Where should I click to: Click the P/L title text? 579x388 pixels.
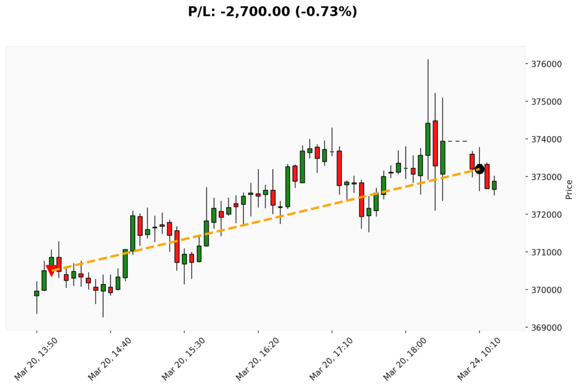(273, 11)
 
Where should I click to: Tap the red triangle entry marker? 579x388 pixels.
(51, 270)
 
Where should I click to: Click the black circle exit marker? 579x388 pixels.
(479, 169)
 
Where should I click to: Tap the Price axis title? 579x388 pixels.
(569, 189)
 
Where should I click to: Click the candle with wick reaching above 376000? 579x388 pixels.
(428, 139)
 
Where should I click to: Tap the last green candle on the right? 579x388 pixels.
(494, 185)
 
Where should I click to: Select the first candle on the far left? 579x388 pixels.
(37, 293)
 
